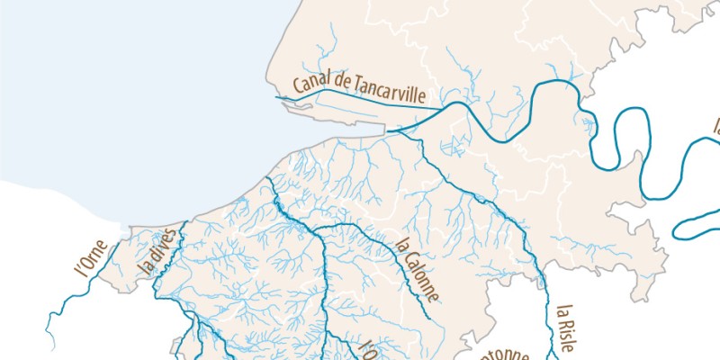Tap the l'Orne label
[x=90, y=258]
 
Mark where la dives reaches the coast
[x=184, y=221]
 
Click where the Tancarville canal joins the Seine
[x=445, y=110]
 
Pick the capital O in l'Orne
[x=85, y=263]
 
